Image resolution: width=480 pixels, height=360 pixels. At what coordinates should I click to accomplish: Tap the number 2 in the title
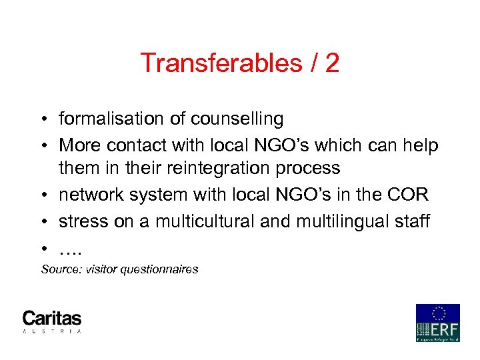(331, 63)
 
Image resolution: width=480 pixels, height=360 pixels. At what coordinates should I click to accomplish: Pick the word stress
(79, 220)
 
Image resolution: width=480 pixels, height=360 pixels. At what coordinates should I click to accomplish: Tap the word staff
(413, 220)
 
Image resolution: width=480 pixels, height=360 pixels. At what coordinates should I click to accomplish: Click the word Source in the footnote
(57, 269)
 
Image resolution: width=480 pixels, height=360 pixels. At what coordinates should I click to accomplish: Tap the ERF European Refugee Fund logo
(437, 323)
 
